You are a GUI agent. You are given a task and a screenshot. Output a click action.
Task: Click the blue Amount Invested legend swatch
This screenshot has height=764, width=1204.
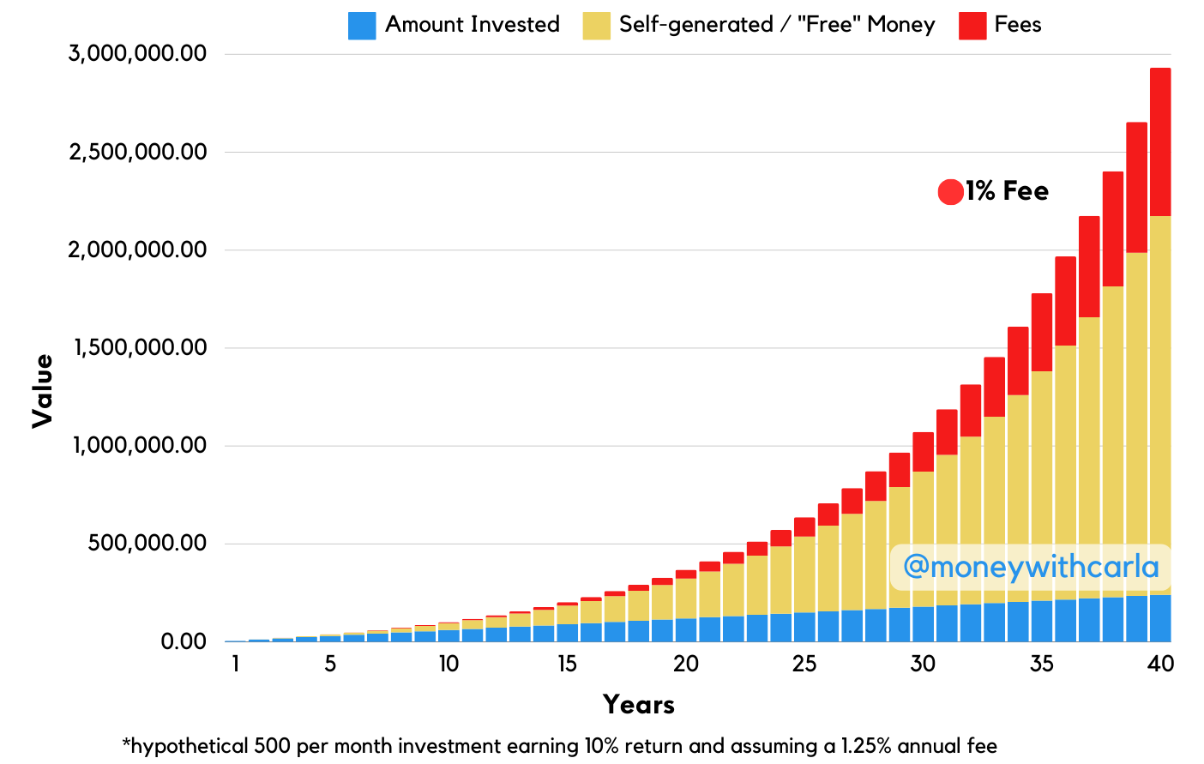tap(361, 26)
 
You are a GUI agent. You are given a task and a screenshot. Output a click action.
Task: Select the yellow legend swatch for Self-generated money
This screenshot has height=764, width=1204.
tap(596, 26)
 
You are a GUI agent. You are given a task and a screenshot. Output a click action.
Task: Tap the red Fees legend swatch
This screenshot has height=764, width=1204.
tap(972, 26)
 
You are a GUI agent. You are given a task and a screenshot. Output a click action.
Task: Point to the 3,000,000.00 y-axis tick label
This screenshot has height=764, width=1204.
tap(137, 54)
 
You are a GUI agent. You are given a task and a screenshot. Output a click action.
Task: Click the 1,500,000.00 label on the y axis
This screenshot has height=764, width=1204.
tap(137, 348)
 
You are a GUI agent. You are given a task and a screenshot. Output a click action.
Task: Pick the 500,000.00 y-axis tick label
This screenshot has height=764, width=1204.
tap(147, 544)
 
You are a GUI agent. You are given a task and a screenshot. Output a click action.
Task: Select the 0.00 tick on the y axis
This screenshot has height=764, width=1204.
tap(183, 641)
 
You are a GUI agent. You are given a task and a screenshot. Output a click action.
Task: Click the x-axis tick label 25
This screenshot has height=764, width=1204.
tap(804, 665)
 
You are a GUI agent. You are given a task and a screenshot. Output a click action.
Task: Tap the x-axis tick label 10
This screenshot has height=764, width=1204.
tap(448, 665)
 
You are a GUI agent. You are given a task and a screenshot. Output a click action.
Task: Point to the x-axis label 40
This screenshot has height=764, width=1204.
tap(1160, 665)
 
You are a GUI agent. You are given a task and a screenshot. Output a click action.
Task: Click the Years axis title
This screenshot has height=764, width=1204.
tap(639, 705)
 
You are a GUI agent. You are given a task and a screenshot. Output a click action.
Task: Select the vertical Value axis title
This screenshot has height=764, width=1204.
tap(43, 391)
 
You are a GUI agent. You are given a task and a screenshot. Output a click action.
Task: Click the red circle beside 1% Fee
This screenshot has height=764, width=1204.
tap(950, 192)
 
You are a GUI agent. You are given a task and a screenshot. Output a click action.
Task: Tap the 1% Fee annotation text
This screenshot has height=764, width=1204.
tap(1007, 191)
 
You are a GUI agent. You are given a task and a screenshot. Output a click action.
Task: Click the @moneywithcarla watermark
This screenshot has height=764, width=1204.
tap(1030, 567)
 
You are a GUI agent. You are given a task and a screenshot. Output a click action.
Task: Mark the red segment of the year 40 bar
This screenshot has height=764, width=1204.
tap(1160, 141)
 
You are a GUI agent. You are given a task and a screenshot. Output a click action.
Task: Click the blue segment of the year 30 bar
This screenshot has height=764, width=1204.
tap(924, 623)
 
